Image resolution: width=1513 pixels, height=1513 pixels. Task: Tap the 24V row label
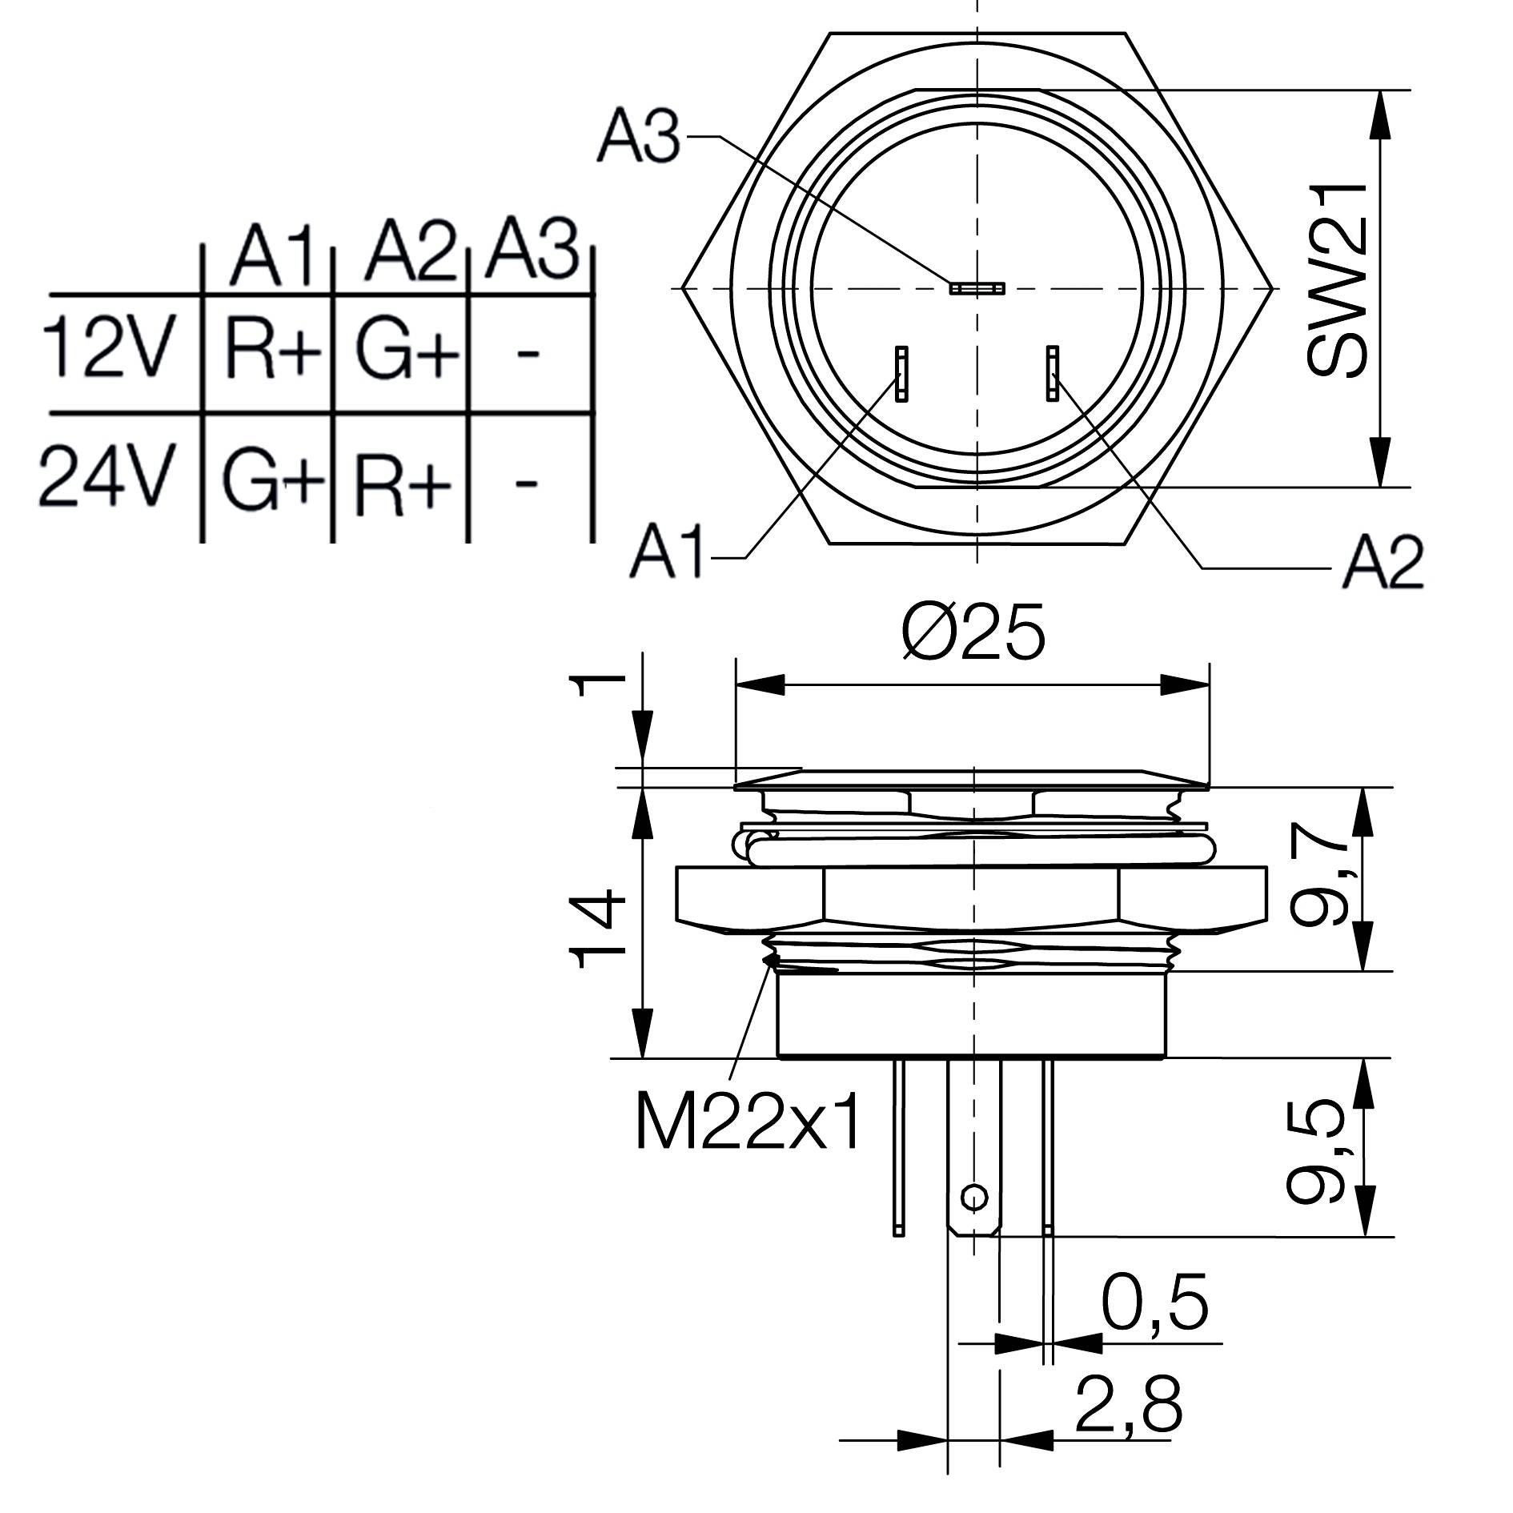click(x=106, y=479)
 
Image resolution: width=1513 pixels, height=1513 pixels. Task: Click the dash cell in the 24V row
click(x=525, y=483)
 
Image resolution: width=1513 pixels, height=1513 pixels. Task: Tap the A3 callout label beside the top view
click(x=638, y=138)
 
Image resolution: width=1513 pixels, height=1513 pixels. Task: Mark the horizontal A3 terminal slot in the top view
click(x=976, y=287)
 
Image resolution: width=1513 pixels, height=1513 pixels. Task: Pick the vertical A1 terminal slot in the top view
click(x=901, y=374)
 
